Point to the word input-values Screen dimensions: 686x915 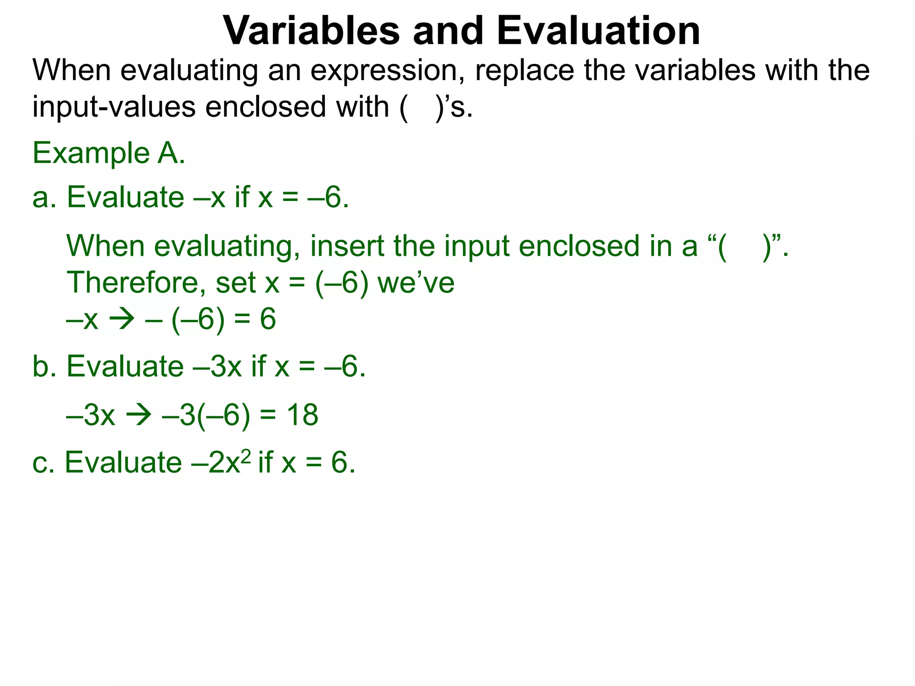(x=114, y=107)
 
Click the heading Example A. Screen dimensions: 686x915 (x=109, y=153)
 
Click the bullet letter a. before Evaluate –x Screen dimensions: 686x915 (x=44, y=197)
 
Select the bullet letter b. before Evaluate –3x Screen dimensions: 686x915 (x=44, y=366)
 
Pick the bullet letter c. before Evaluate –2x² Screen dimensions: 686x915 (x=43, y=462)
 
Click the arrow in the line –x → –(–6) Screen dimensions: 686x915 (x=122, y=319)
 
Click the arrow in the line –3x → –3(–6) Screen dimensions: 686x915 (x=139, y=415)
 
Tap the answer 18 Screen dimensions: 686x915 (x=302, y=415)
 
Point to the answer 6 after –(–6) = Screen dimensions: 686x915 (x=268, y=319)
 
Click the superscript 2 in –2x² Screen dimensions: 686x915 (x=246, y=456)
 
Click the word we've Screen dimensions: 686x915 (x=416, y=283)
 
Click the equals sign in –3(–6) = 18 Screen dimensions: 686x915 (x=268, y=415)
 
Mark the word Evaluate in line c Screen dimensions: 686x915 (x=123, y=462)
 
